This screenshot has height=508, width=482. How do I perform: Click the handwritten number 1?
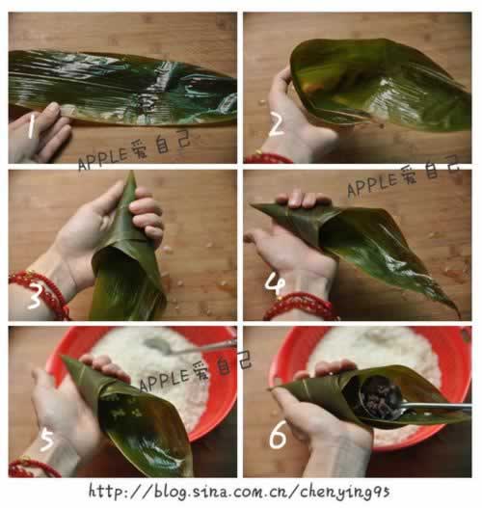coord(33,123)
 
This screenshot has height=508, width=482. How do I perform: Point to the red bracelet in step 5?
coord(29,468)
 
